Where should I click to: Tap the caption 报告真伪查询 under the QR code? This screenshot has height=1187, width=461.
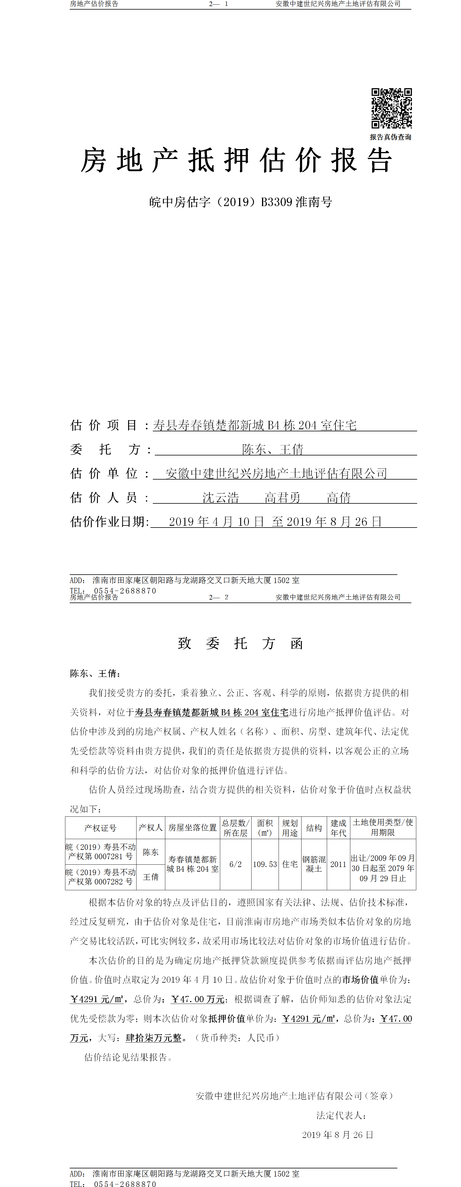coord(390,137)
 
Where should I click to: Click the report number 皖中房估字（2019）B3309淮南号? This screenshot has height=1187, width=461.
coord(241,202)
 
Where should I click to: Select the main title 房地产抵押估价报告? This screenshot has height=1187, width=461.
coord(237,160)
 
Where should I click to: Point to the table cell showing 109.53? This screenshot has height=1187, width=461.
coord(265,864)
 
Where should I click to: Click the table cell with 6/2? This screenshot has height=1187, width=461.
coord(235,864)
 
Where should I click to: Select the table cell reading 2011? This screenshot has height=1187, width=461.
coord(338,864)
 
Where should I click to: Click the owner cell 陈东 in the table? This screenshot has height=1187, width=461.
coord(150,852)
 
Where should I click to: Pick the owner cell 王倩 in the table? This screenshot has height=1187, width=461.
coord(150,876)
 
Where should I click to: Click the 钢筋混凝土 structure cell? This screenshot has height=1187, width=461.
coord(314,864)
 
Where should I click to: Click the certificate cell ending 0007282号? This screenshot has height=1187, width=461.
coord(101,876)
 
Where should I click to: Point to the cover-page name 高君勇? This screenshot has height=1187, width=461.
coord(282,498)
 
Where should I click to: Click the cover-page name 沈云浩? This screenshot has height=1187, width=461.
coord(220,498)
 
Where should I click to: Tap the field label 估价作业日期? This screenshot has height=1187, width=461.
coord(109,522)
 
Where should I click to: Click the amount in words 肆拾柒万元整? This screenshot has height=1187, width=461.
coord(154,1038)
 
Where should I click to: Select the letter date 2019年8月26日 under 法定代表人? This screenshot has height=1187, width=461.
coord(338,1134)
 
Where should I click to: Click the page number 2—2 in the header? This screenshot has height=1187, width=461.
coord(218,597)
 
